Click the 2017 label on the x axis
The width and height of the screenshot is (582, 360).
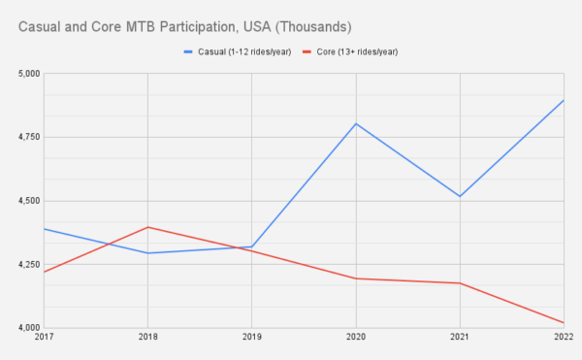45,339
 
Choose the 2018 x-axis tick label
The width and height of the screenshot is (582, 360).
147,339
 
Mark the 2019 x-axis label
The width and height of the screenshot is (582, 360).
251,339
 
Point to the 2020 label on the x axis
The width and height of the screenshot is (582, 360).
355,339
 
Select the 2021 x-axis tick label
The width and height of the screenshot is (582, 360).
459,339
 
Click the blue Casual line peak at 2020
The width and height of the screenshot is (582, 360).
355,123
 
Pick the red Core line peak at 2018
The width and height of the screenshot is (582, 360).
147,227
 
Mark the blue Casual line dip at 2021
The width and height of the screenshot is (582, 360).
459,197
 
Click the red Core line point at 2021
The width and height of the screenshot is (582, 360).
459,283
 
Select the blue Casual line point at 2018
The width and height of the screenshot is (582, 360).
147,253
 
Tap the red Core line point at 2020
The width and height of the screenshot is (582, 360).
355,278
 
